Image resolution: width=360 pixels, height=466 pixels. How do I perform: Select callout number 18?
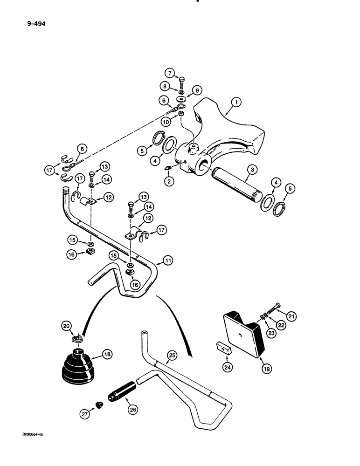pos(108,355)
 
